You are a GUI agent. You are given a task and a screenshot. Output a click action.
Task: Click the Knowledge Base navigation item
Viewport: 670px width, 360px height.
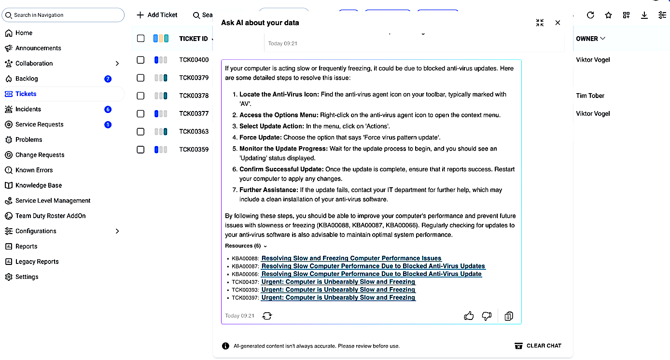38,185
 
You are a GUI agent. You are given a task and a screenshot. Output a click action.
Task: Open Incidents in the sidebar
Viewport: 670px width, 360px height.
28,109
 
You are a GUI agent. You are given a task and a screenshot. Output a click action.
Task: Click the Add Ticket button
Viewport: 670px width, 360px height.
157,15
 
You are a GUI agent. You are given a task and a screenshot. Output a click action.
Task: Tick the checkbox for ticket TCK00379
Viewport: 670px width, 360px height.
140,78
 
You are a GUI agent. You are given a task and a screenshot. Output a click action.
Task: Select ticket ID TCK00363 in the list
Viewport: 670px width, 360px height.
194,131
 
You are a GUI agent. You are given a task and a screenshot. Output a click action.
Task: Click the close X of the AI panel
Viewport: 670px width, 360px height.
558,23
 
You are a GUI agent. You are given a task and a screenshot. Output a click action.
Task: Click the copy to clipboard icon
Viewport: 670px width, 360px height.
508,316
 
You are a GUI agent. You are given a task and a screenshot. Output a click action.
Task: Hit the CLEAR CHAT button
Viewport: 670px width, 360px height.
538,346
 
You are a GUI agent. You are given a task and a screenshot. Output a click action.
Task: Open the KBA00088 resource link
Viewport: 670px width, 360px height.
351,258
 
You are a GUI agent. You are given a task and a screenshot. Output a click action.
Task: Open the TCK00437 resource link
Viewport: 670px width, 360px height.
338,282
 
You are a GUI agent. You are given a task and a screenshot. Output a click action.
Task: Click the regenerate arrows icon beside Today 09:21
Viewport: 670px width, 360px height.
267,316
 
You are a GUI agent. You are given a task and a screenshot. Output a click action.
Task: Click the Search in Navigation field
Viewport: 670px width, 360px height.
63,15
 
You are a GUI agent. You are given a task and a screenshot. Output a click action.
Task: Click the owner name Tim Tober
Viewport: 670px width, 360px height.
590,96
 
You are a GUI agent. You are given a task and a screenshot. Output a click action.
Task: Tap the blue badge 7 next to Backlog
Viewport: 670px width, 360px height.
108,79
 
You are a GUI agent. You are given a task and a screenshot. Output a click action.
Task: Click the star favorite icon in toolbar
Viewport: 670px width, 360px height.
608,15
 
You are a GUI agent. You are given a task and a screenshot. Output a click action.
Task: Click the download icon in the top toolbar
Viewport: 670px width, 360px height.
644,15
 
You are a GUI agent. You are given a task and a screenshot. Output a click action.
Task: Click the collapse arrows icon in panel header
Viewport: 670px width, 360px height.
540,23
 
